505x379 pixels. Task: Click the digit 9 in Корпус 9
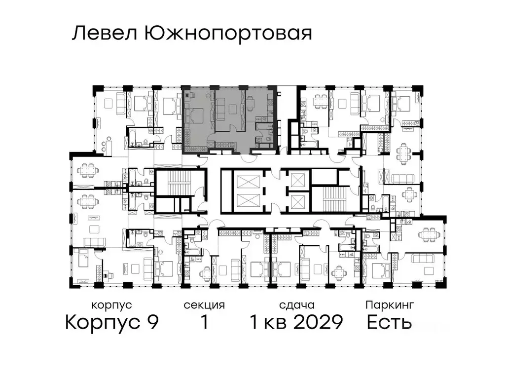tap(152, 323)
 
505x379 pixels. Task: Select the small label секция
tap(204, 305)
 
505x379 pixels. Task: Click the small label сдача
tap(296, 305)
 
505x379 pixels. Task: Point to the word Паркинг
tap(389, 305)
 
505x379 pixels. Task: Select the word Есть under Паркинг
tap(389, 323)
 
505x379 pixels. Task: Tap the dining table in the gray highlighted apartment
tap(250, 103)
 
